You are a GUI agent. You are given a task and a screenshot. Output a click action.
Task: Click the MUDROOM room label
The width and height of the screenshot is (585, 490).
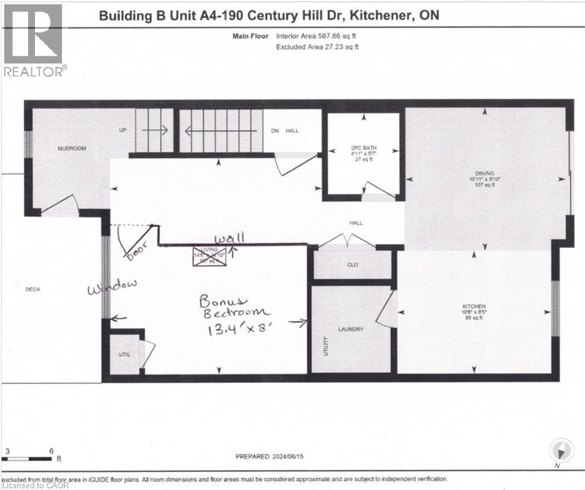coord(71,149)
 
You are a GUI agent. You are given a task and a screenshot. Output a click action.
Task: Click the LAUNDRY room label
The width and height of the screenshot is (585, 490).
coord(351,329)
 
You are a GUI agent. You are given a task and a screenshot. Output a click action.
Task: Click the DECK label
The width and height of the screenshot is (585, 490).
coord(32,289)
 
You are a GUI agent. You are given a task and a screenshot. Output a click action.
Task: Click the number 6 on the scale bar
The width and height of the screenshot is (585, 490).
coord(51,450)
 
